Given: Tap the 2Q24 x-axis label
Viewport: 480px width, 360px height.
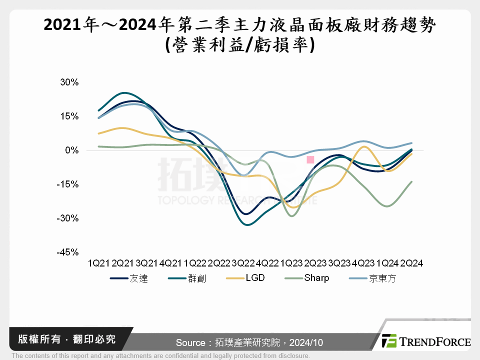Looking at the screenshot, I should coord(412,263).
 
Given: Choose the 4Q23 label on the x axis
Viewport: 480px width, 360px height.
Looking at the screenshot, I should coord(363,263).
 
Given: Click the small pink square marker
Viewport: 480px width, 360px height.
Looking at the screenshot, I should coord(310,159).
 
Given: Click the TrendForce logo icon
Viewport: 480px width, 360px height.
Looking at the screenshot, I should coord(389,341).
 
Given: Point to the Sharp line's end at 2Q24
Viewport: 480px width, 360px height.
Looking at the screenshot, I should coord(412,181).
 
